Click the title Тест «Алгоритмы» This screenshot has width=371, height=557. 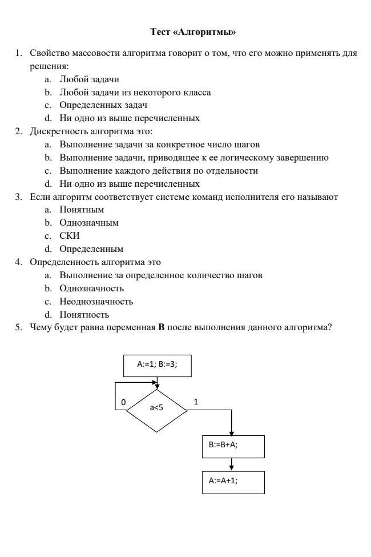pos(192,31)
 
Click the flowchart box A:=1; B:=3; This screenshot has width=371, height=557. pos(157,365)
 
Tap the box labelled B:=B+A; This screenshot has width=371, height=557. pos(233,446)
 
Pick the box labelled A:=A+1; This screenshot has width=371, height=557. pos(233,482)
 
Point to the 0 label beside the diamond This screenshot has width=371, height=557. pos(123,402)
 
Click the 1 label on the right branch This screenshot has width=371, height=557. pos(196,402)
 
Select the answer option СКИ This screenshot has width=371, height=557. pos(70,236)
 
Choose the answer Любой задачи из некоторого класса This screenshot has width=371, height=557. pos(135,93)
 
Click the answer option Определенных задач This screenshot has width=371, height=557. pos(103,106)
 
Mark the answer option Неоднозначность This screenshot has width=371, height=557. pos(96,302)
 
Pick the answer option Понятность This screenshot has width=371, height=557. pos(84,315)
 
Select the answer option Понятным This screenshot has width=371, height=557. pos(82,210)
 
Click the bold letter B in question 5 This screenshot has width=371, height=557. pos(162,328)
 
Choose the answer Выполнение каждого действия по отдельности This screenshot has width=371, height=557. pos(159,171)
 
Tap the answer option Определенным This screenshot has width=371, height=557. pos(91,249)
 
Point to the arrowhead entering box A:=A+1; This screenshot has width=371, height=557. pos(232,468)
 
